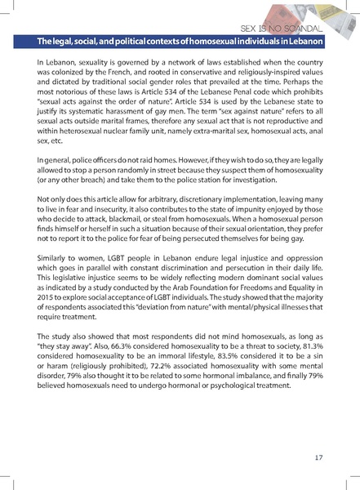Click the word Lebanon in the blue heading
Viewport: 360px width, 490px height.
click(x=303, y=41)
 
